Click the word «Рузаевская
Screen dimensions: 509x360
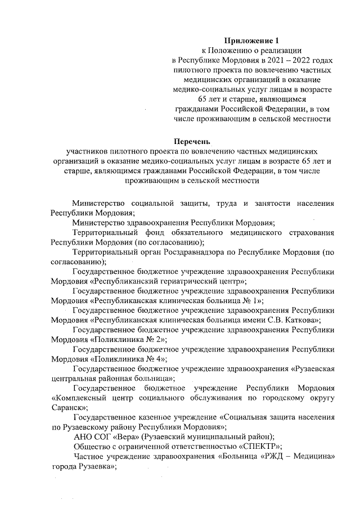click(x=313, y=369)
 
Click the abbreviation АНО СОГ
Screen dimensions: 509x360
click(x=93, y=437)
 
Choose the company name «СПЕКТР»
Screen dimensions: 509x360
click(x=259, y=447)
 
